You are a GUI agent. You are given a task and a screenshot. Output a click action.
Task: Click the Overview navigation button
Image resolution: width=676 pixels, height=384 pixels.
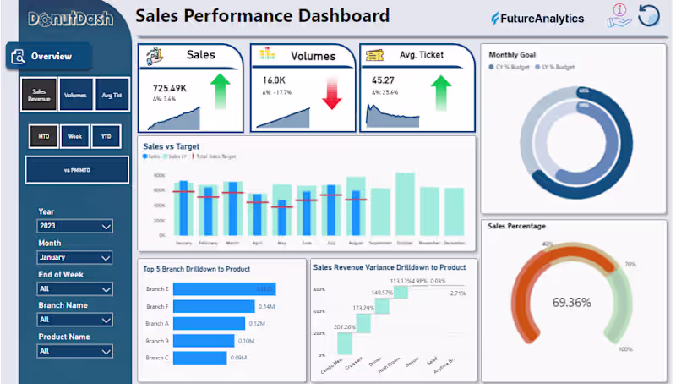pos(50,57)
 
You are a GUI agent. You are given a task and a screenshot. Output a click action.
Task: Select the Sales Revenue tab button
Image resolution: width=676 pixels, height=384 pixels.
pos(40,96)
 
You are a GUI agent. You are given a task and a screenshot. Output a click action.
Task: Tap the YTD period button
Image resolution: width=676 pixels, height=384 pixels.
pos(106,136)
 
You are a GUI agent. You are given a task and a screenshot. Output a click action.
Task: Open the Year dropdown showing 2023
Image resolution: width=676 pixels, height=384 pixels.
pos(75,227)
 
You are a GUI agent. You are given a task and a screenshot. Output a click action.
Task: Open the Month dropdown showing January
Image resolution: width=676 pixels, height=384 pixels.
pos(75,257)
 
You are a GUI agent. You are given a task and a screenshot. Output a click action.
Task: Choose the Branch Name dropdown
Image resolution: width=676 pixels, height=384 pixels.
pos(75,320)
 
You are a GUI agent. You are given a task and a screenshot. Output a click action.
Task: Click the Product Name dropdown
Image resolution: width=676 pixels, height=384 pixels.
pos(75,351)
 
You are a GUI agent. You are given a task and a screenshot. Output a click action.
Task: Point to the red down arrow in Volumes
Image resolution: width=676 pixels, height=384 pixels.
pos(331,94)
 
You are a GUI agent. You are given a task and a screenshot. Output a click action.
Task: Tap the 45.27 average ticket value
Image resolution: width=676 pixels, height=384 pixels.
pos(383,80)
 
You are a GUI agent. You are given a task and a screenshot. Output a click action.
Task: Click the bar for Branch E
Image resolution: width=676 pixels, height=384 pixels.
pos(224,289)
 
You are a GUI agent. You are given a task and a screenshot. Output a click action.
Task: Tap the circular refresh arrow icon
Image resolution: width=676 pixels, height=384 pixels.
pos(649,16)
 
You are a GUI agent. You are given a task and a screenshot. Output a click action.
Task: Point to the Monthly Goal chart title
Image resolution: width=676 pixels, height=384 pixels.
pos(512,54)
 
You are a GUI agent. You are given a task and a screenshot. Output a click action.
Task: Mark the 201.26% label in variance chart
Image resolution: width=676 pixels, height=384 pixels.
pos(344,326)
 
